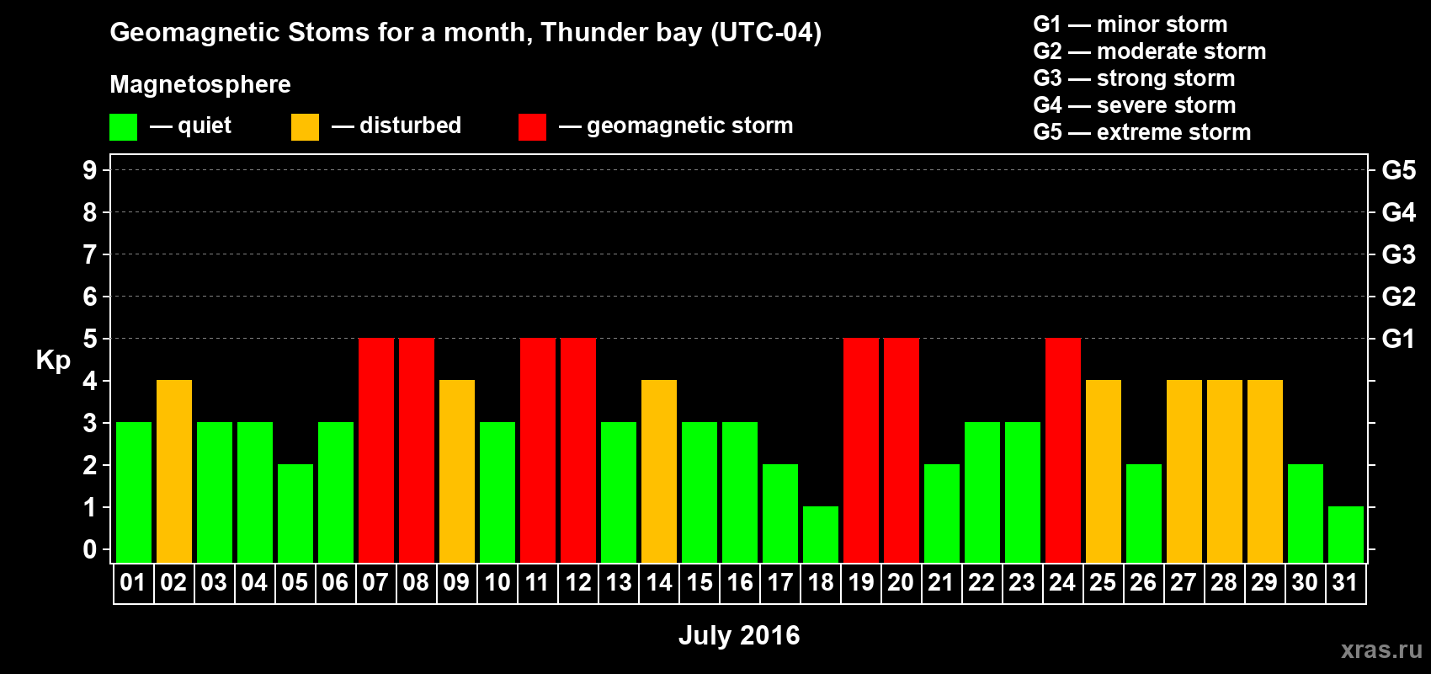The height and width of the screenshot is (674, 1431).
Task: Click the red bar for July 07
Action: click(376, 450)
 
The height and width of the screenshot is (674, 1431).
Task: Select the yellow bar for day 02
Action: click(174, 471)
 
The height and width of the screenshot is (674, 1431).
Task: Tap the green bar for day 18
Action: click(821, 535)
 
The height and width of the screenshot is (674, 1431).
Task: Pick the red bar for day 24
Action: click(1063, 450)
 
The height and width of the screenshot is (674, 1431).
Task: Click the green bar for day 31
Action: click(1346, 535)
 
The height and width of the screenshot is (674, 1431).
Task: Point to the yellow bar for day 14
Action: click(659, 471)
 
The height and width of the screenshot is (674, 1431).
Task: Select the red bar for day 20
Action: click(902, 450)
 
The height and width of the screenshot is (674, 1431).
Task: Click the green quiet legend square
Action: click(123, 126)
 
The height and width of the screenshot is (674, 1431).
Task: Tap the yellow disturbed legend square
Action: click(305, 126)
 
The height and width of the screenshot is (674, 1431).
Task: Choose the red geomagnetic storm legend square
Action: click(533, 126)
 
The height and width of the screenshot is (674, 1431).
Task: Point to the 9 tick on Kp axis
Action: click(89, 170)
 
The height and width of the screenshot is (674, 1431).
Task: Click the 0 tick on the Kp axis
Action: click(89, 549)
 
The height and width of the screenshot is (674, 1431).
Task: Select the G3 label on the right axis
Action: click(1399, 254)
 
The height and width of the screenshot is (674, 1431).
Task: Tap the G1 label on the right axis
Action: click(1399, 339)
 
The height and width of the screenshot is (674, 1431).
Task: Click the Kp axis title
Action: click(53, 361)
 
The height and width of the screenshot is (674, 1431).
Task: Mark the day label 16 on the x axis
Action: click(740, 582)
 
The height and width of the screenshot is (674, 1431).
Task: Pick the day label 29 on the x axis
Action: click(1265, 582)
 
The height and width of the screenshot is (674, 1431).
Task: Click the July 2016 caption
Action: click(739, 635)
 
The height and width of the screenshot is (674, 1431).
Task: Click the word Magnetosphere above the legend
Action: click(200, 84)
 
